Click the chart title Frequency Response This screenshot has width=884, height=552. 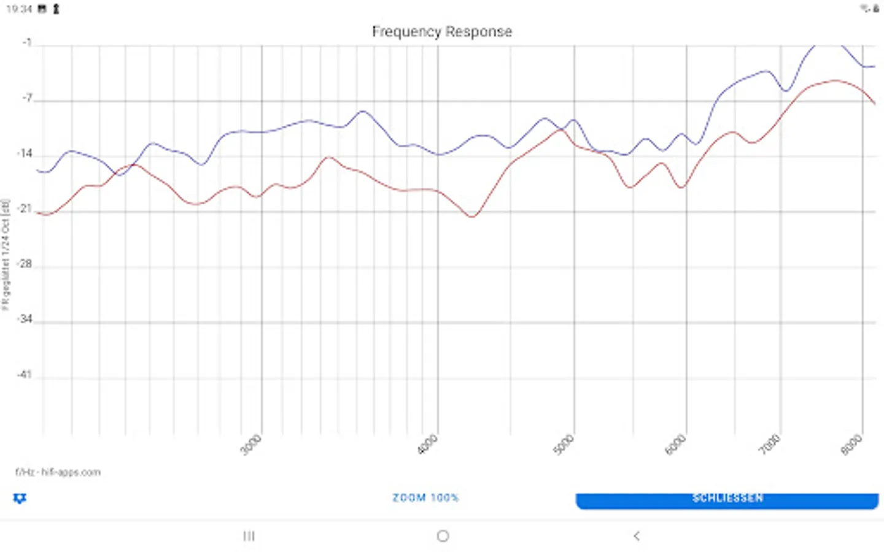(x=442, y=32)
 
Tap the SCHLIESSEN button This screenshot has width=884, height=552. (x=727, y=499)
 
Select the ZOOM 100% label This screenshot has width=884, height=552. (x=425, y=497)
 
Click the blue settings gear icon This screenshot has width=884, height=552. (x=20, y=498)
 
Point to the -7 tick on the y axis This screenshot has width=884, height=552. (x=27, y=99)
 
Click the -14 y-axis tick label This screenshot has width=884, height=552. (x=25, y=154)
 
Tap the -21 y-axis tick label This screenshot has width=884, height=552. (x=25, y=209)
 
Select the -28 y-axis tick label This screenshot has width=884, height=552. (x=25, y=264)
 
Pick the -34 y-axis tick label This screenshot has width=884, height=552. (x=25, y=320)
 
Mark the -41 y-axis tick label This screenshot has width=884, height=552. (x=25, y=375)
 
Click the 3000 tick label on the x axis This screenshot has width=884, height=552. (x=251, y=445)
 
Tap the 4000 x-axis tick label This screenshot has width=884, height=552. (x=428, y=445)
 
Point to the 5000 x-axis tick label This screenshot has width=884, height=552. (x=564, y=445)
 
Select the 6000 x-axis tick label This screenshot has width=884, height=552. (x=675, y=445)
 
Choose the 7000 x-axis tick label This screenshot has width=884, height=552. (x=770, y=445)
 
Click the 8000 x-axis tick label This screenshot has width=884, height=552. (x=851, y=445)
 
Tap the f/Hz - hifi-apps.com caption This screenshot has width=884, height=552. (x=58, y=472)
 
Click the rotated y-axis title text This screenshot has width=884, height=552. (x=6, y=255)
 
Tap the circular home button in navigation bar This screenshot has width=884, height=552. (x=443, y=536)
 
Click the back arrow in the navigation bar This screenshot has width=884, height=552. (x=637, y=536)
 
